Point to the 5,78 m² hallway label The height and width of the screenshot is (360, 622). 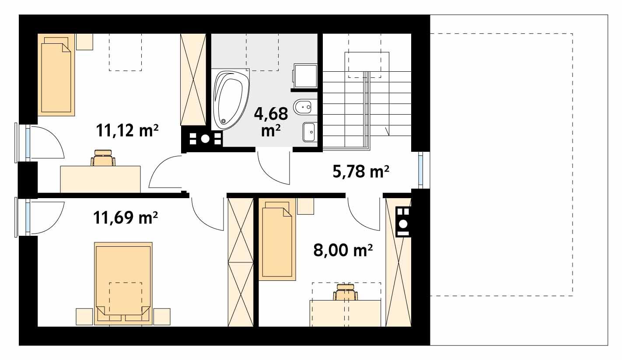pyautogui.click(x=361, y=172)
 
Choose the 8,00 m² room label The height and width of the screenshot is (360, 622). pyautogui.click(x=343, y=250)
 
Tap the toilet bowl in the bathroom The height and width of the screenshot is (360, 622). pyautogui.click(x=305, y=106)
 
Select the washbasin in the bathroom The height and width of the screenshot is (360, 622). pyautogui.click(x=309, y=131)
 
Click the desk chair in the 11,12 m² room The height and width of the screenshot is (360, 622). pyautogui.click(x=104, y=158)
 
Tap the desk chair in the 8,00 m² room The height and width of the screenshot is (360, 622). pyautogui.click(x=346, y=292)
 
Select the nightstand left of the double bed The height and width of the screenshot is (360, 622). pyautogui.click(x=84, y=316)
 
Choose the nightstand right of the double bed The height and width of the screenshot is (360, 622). pyautogui.click(x=161, y=316)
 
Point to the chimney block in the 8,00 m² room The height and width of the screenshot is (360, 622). pyautogui.click(x=403, y=221)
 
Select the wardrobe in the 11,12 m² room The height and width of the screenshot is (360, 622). pyautogui.click(x=193, y=80)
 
